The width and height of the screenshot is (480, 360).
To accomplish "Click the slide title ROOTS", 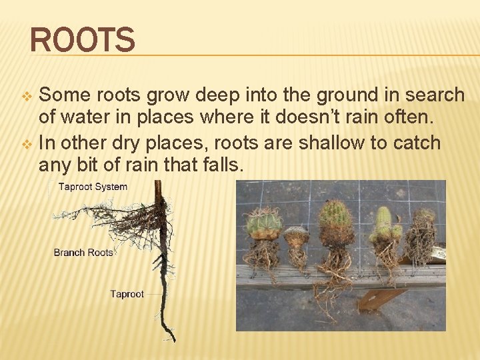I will (x=83, y=39).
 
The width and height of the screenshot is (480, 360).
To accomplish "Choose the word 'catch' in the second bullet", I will (x=415, y=142).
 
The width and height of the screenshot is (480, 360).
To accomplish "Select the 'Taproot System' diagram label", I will (x=93, y=187).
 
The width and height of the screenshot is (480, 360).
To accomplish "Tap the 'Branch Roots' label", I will (x=83, y=252).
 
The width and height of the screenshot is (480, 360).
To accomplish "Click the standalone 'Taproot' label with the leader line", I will (x=127, y=294).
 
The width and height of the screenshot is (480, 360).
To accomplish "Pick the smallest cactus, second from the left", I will (x=296, y=236).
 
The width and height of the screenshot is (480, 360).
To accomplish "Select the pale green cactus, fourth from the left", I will (x=383, y=225).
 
